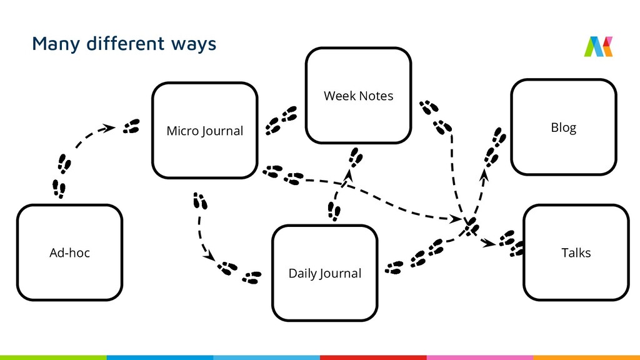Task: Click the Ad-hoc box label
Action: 69,253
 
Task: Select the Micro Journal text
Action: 204,131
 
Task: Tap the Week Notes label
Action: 358,96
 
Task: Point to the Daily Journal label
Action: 324,274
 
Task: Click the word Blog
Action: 563,127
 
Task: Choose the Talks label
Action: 576,253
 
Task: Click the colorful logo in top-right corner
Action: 598,47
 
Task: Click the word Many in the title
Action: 53,44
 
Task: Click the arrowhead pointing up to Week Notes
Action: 349,179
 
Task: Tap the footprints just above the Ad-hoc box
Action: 60,188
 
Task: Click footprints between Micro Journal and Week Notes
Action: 281,121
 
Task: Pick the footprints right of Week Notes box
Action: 435,116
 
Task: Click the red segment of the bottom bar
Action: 373,357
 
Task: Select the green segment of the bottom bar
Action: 53,357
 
